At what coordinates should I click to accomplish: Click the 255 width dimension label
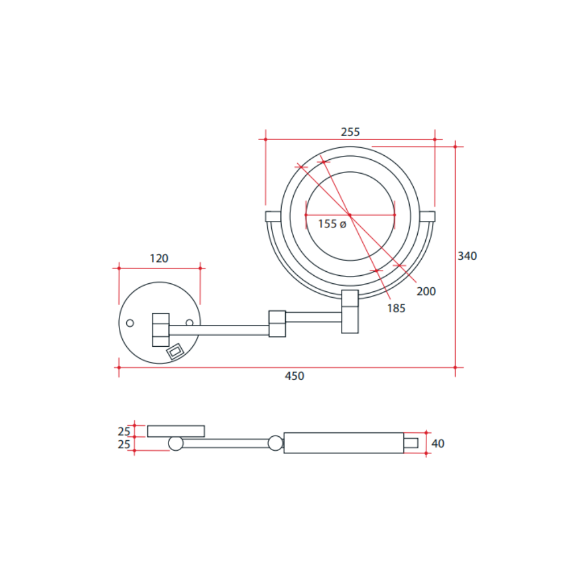350,132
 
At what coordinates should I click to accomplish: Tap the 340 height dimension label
467,256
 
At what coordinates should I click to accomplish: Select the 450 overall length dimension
294,376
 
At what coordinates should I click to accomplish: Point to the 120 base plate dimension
159,258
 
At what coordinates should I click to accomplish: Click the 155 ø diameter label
332,224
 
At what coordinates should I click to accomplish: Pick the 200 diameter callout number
426,291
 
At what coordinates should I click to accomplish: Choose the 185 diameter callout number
396,308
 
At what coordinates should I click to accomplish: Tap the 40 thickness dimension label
438,444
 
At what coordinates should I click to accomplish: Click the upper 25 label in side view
124,431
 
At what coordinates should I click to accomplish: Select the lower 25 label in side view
124,444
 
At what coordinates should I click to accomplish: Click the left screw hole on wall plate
130,323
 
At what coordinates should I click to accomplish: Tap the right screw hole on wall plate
189,323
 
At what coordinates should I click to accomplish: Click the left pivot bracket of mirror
272,216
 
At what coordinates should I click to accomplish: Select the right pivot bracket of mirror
428,216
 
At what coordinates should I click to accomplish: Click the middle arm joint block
277,324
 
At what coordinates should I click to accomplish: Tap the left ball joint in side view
175,443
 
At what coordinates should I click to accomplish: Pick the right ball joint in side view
276,443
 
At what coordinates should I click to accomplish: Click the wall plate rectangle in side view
176,431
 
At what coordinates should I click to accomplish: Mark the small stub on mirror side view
410,443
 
